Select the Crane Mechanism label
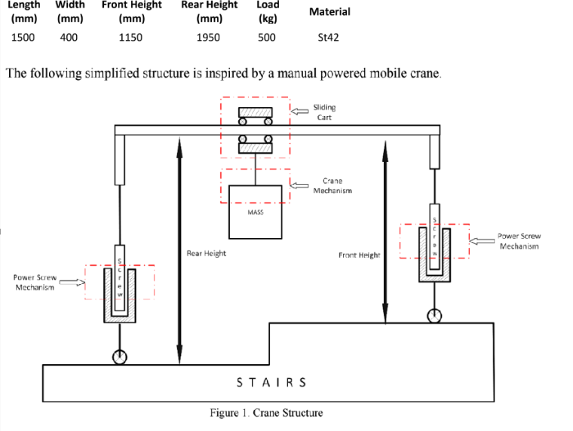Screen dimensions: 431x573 coord(332,185)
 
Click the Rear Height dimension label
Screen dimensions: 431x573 coord(206,253)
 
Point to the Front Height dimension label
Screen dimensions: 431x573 coord(359,255)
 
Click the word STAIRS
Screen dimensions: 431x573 coord(271,382)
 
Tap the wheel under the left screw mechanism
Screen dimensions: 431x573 coord(120,357)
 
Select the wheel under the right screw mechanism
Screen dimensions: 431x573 coord(434,316)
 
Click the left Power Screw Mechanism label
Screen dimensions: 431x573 coord(35,283)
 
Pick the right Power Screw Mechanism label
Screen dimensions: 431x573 coord(519,241)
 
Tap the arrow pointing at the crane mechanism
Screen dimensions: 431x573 coord(301,185)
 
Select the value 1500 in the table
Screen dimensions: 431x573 coord(23,37)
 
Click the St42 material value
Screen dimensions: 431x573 coord(329,37)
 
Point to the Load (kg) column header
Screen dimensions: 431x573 coord(267,11)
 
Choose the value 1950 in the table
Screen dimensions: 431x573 coord(208,37)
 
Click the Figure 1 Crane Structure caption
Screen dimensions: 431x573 coord(266,413)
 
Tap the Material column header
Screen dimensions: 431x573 coord(329,12)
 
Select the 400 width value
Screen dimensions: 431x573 coord(69,37)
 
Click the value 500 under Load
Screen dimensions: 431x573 coord(267,37)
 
